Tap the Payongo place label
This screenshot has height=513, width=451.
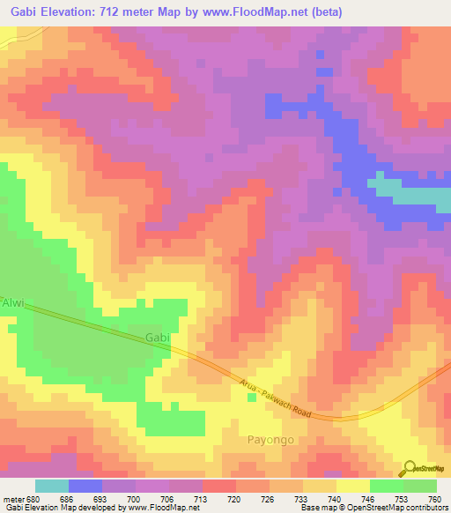[268, 439]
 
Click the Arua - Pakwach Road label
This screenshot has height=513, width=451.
[276, 393]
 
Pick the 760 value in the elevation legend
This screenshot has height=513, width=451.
[434, 497]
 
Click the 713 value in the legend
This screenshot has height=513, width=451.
[203, 497]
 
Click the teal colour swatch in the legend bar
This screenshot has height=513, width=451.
[52, 486]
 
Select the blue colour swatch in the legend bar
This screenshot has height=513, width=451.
[85, 486]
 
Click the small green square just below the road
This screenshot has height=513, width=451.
[251, 398]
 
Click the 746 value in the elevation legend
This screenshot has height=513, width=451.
[367, 497]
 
